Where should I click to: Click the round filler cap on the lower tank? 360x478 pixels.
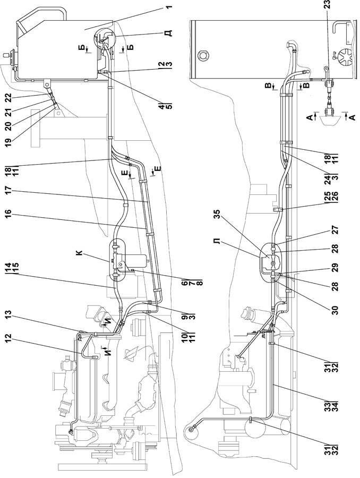click(203, 55)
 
